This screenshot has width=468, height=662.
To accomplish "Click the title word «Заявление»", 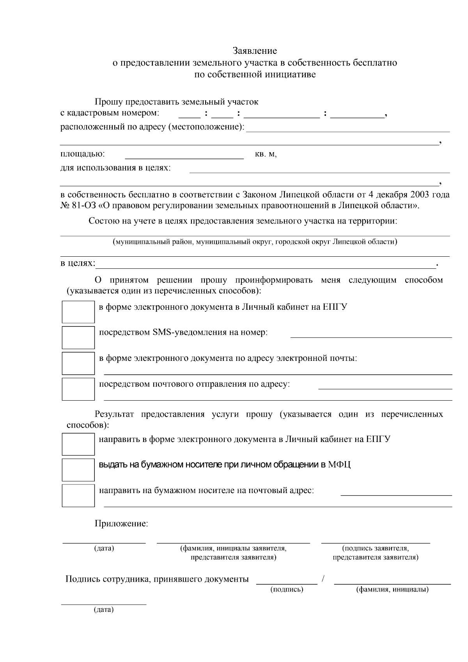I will pyautogui.click(x=255, y=51).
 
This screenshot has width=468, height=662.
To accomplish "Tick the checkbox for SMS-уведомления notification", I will pyautogui.click(x=78, y=337).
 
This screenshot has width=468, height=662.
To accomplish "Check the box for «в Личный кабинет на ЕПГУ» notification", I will pyautogui.click(x=78, y=311).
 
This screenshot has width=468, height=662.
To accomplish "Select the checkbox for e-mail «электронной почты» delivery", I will pyautogui.click(x=78, y=363).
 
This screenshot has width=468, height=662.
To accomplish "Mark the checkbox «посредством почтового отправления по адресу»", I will pyautogui.click(x=78, y=389).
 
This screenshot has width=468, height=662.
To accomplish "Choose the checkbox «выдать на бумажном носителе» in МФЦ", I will pyautogui.click(x=78, y=470).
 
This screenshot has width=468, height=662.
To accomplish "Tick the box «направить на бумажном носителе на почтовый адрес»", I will pyautogui.click(x=78, y=495).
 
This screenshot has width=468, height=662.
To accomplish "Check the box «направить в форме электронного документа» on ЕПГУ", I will pyautogui.click(x=78, y=444).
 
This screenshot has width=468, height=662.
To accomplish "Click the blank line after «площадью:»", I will pyautogui.click(x=184, y=157).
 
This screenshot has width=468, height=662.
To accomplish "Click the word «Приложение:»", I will pyautogui.click(x=121, y=524).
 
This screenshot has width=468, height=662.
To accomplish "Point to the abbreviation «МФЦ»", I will pyautogui.click(x=339, y=465).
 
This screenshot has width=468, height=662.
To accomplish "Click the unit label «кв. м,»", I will pyautogui.click(x=266, y=154).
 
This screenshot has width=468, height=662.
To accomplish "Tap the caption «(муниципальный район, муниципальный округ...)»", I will pyautogui.click(x=255, y=242).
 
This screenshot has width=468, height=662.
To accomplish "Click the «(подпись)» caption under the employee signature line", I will pyautogui.click(x=287, y=589).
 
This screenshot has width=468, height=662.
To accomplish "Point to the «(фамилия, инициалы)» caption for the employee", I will pyautogui.click(x=392, y=589).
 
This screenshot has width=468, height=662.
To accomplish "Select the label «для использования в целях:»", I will pyautogui.click(x=115, y=168).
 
